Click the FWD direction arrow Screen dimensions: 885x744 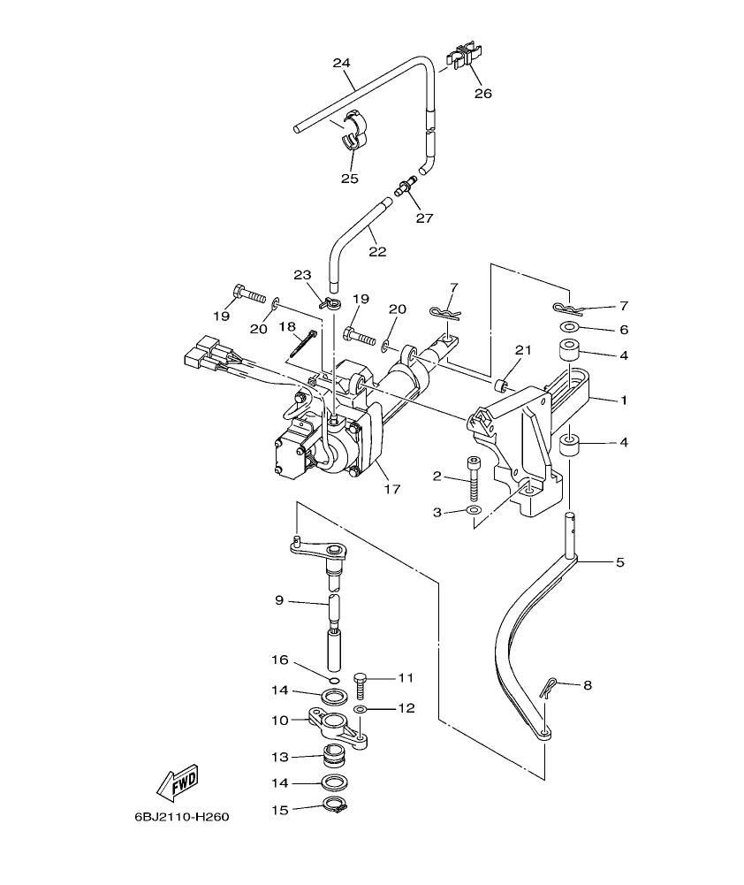click(x=177, y=781)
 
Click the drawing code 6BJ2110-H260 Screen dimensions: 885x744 click(x=181, y=818)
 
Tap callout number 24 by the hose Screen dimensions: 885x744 click(x=341, y=63)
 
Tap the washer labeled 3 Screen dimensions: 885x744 click(x=474, y=511)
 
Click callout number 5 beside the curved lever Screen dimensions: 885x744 click(x=619, y=562)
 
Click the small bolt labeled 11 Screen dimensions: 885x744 click(x=361, y=685)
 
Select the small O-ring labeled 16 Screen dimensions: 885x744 click(x=333, y=679)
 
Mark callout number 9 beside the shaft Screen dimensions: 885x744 click(x=279, y=601)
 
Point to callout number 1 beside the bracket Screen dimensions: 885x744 click(x=623, y=401)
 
